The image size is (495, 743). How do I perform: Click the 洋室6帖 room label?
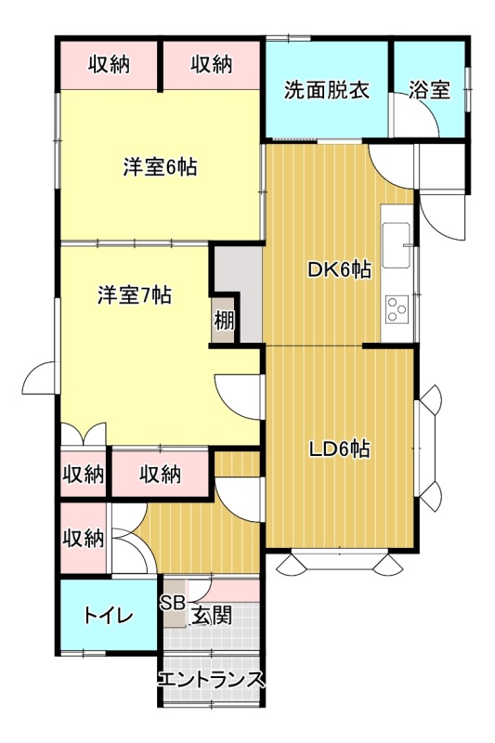coord(160,167)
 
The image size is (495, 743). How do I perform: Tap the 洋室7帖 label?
coord(135,295)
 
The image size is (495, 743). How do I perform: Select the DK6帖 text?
coord(339,270)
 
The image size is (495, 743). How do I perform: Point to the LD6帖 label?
coord(339,450)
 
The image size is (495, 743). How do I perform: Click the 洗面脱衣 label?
coord(327,90)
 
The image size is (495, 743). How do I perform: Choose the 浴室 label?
coord(429,90)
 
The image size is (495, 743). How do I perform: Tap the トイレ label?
coord(109,616)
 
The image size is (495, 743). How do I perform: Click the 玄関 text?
coord(211,616)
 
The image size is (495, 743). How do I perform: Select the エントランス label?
coord(210,680)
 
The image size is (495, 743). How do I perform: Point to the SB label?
coord(172,602)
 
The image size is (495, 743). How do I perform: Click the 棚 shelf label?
coord(224,320)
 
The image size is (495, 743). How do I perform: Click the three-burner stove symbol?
coord(397,309)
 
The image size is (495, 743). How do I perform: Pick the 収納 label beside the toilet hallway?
coord(84,538)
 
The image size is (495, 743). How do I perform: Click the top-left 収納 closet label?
coord(110,64)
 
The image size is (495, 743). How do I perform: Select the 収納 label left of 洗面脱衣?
coord(212,64)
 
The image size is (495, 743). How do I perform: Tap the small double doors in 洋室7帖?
coord(84,434)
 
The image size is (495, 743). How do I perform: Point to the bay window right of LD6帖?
coord(428,448)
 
